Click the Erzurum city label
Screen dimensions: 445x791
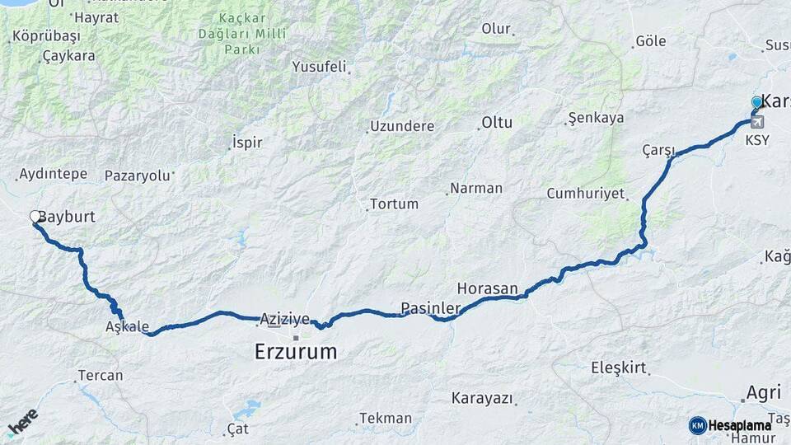(x=296, y=352)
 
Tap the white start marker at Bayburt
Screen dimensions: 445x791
(x=35, y=217)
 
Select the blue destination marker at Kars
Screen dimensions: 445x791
(x=756, y=102)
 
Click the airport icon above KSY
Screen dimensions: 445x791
(x=757, y=122)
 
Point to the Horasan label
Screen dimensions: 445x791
(x=487, y=288)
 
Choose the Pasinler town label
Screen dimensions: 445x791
(x=430, y=308)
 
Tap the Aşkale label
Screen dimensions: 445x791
(x=127, y=326)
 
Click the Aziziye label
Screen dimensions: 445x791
(x=284, y=318)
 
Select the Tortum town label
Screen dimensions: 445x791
(x=394, y=204)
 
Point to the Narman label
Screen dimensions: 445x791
(x=475, y=188)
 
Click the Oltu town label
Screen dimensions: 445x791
(x=497, y=123)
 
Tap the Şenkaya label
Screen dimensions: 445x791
(x=597, y=118)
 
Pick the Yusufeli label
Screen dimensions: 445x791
(x=319, y=67)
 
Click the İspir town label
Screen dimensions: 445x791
(x=247, y=143)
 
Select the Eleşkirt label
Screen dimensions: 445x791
(x=619, y=368)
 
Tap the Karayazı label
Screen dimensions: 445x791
(x=482, y=399)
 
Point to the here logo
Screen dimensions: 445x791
(x=22, y=422)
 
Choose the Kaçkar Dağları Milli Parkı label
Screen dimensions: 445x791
(x=242, y=34)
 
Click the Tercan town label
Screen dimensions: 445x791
(x=100, y=376)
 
